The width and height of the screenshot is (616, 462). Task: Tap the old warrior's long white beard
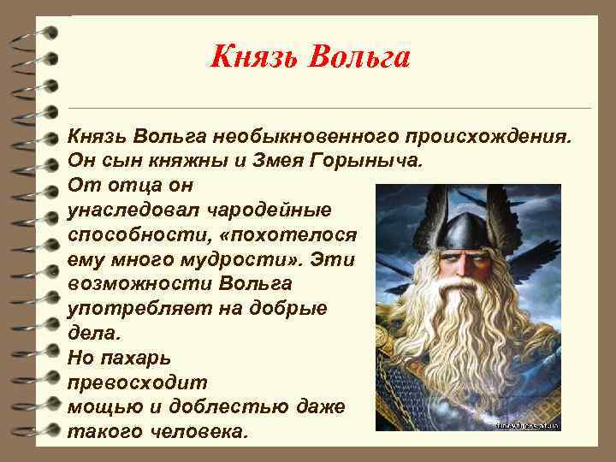pyautogui.click(x=466, y=351)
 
